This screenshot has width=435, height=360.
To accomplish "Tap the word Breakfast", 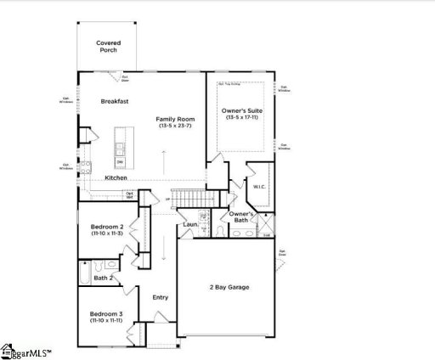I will tap(115, 101).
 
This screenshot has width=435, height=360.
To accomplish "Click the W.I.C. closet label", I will tap(259, 185).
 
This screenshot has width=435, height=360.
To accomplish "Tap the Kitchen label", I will tap(116, 177).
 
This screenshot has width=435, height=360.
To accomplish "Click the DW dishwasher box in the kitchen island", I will tap(121, 161).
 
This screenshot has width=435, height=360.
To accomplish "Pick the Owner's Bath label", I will tap(242, 217).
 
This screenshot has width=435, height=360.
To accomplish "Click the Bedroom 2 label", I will tap(108, 227).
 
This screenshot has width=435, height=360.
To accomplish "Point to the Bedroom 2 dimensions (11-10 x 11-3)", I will tap(108, 235).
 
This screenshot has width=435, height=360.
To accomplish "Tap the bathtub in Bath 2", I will tap(86, 274).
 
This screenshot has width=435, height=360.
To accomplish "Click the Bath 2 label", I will tap(104, 278).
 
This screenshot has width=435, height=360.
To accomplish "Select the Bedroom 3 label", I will tap(108, 313).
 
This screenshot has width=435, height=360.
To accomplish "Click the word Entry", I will tap(160, 297).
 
